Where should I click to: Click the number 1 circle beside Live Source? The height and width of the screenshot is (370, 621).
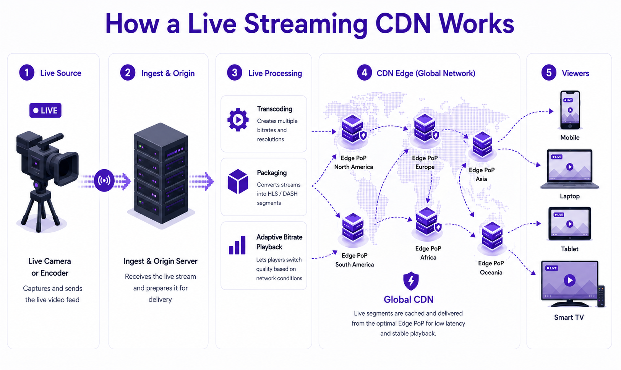(27, 73)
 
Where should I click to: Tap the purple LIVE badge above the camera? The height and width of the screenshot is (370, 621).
(45, 110)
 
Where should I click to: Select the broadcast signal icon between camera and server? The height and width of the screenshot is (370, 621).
(104, 180)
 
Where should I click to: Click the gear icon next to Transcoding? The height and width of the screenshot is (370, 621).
(238, 120)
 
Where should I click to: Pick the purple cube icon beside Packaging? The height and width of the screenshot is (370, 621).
(238, 182)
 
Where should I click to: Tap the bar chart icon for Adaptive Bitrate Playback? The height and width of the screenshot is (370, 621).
(237, 245)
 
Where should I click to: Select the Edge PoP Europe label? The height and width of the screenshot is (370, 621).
(425, 162)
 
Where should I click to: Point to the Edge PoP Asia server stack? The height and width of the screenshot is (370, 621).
(482, 145)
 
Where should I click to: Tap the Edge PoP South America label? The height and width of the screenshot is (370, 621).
(355, 260)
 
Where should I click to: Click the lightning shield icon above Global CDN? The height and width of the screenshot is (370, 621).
(411, 281)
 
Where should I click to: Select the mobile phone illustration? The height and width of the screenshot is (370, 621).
(570, 110)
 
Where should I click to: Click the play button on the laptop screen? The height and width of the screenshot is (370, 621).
(570, 167)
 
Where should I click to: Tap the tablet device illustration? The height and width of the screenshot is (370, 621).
(570, 224)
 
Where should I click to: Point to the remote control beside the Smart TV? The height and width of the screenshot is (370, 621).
(601, 296)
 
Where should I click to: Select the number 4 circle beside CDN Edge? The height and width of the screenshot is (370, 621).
(364, 73)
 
